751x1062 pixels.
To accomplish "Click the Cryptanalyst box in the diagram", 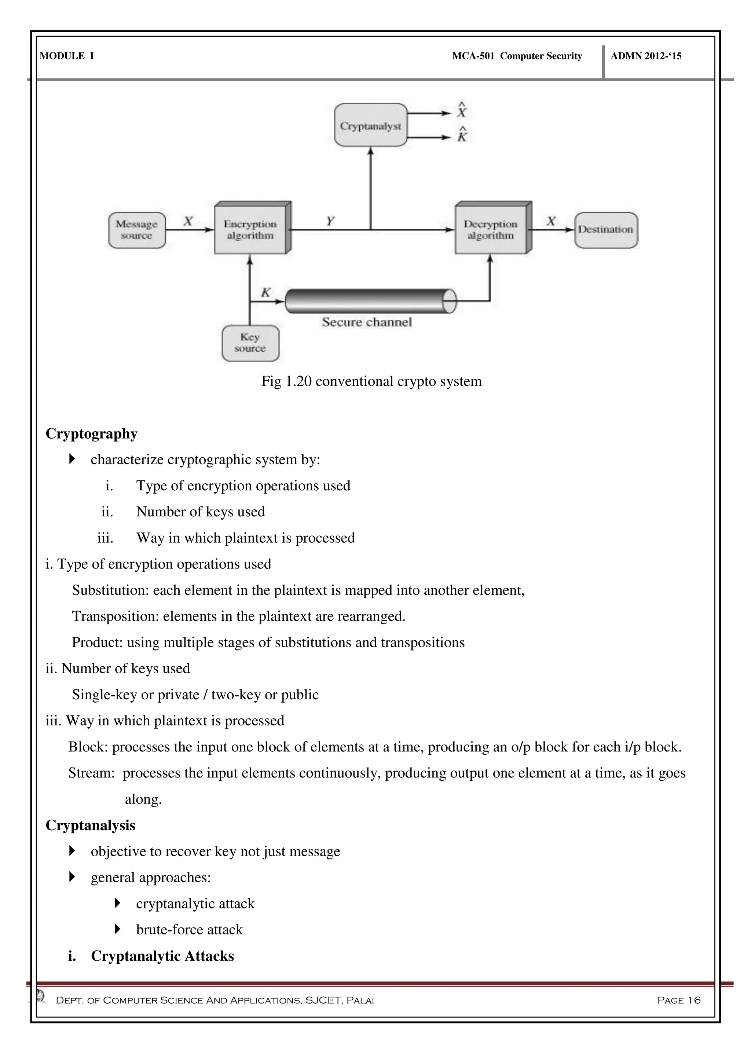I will tap(370, 125).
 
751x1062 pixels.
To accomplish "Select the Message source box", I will tap(137, 230).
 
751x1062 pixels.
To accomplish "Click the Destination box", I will tap(606, 230).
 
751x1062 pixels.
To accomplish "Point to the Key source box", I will tap(250, 343).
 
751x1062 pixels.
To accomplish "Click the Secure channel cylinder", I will tap(370, 301).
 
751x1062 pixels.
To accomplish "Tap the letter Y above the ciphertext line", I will tap(330, 221).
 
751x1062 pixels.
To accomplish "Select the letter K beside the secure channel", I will tap(265, 293).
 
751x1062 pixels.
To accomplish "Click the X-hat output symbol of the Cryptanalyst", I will tap(462, 111).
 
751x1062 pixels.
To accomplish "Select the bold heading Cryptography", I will tap(92, 434).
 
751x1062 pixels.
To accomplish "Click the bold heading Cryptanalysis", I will tap(91, 825).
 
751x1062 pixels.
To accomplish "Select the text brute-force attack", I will tap(189, 930).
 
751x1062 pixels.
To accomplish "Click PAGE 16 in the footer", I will tap(678, 1000).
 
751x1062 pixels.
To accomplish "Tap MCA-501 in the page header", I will tap(473, 56).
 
